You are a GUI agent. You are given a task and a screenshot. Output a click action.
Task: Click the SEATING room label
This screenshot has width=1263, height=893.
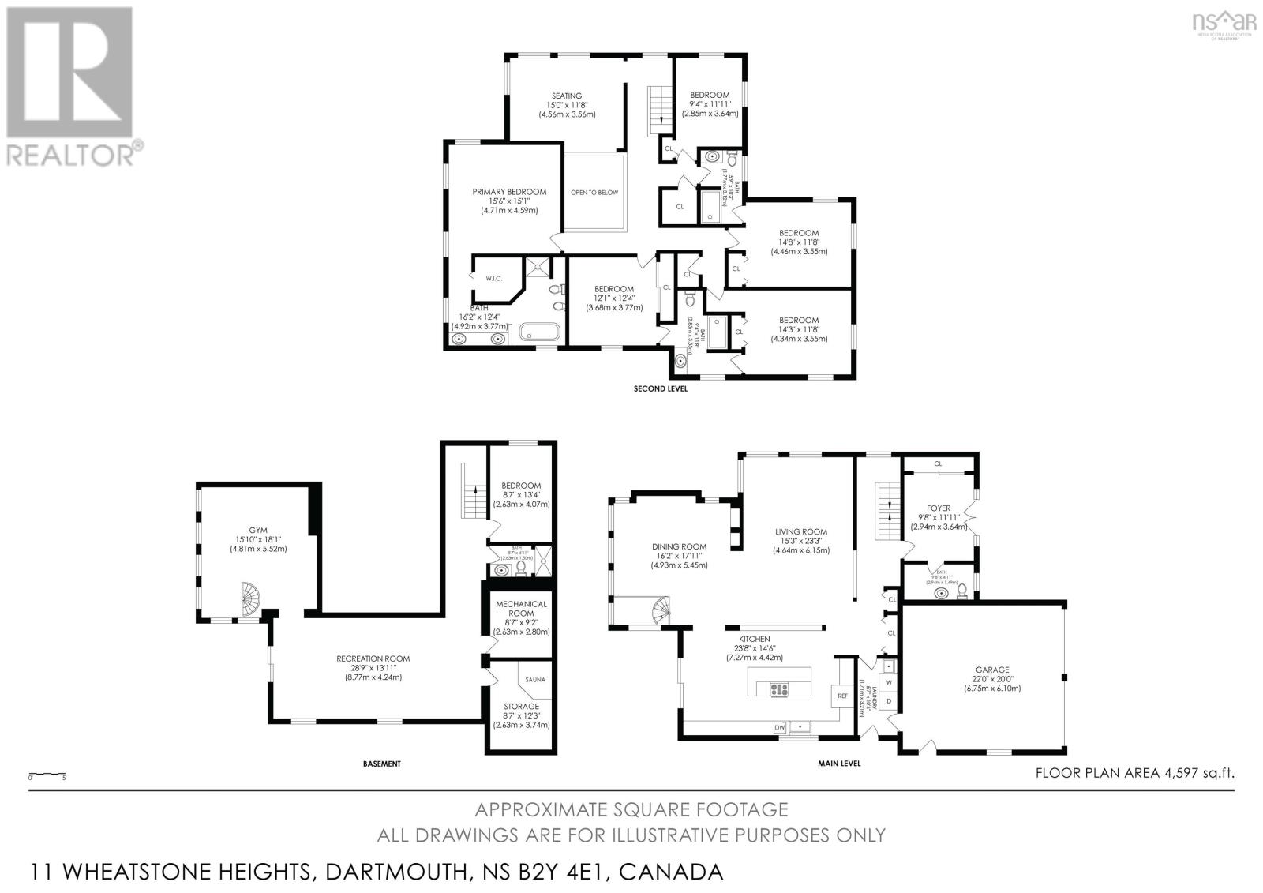(566, 96)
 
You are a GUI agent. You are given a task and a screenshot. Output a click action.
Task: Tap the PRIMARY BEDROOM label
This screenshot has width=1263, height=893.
(509, 192)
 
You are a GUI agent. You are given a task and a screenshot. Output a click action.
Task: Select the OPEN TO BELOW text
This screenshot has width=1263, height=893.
(594, 193)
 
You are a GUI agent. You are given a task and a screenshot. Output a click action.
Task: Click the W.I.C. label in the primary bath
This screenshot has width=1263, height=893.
(494, 278)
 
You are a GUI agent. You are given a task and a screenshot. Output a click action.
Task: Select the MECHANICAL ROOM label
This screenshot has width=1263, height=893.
(521, 609)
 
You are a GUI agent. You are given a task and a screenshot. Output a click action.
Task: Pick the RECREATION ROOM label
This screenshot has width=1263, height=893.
(373, 658)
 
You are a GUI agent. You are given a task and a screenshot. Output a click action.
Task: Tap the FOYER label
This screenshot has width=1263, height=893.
(939, 508)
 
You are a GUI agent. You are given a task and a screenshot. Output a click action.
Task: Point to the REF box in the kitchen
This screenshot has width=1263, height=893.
(841, 696)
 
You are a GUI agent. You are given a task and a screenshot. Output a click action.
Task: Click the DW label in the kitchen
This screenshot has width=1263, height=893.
(779, 727)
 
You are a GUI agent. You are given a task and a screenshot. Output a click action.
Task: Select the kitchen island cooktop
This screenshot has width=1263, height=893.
(778, 689)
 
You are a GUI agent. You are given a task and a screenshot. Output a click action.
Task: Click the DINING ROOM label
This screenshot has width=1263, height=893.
(679, 546)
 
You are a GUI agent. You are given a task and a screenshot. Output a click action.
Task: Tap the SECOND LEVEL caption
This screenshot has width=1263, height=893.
(661, 389)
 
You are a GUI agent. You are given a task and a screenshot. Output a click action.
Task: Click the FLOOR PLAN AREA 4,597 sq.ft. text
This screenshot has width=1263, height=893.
(1134, 774)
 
